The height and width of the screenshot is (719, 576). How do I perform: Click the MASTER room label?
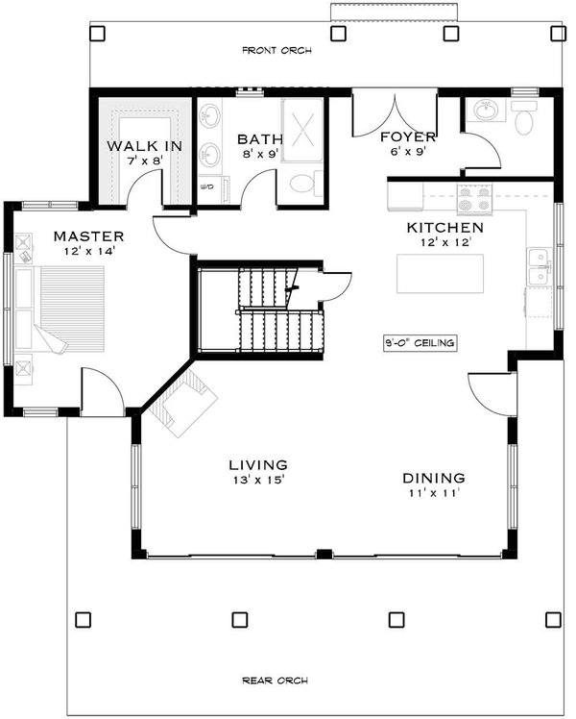click(88, 236)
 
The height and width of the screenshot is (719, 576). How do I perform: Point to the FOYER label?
click(408, 136)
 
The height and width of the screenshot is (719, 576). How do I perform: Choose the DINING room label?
click(433, 478)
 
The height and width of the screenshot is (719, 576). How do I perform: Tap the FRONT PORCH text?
click(276, 50)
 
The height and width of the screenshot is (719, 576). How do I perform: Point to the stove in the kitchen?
click(473, 200)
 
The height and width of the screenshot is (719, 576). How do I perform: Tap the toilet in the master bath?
click(304, 184)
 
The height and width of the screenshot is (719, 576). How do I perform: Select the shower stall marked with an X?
click(306, 129)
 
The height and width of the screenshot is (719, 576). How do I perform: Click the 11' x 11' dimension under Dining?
click(433, 493)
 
